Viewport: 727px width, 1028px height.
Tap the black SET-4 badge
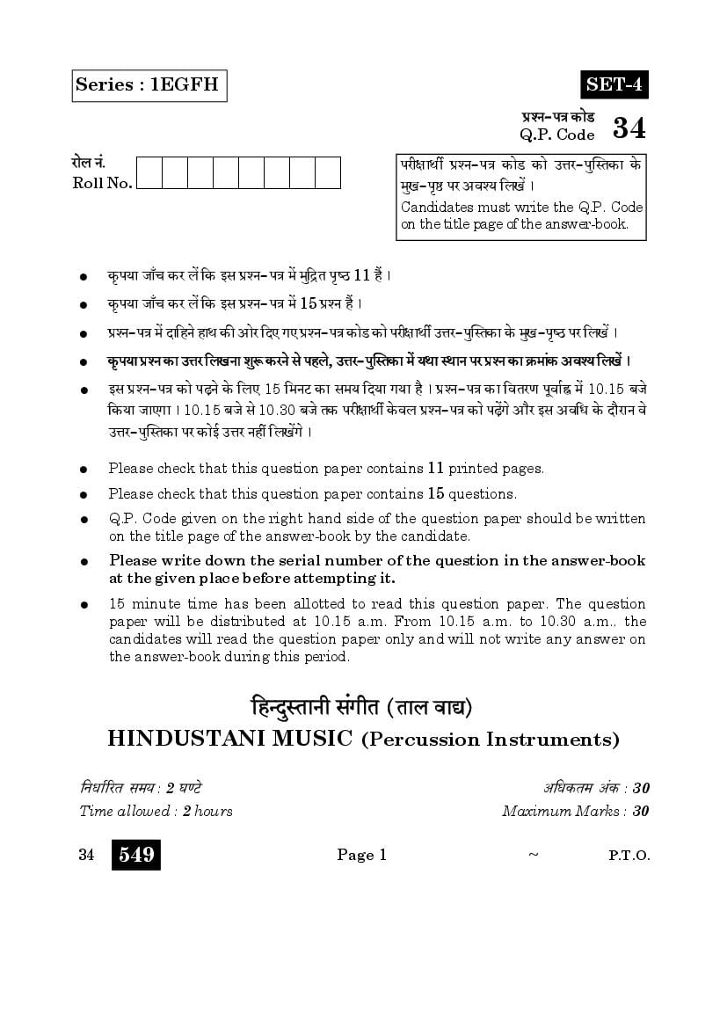pyautogui.click(x=614, y=84)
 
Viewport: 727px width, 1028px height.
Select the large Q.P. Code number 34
pyautogui.click(x=629, y=129)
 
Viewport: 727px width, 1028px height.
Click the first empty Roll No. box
pyautogui.click(x=149, y=172)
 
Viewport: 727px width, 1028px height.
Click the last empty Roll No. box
pyautogui.click(x=328, y=172)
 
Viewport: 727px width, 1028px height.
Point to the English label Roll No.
pyautogui.click(x=103, y=183)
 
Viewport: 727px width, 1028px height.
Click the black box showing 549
pyautogui.click(x=136, y=855)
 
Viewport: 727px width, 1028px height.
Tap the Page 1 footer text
pyautogui.click(x=362, y=855)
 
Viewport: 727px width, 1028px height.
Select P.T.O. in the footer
pyautogui.click(x=629, y=856)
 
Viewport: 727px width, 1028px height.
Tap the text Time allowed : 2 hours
pyautogui.click(x=156, y=811)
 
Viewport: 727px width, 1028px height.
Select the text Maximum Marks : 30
pyautogui.click(x=575, y=811)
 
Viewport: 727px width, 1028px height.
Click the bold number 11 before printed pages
pyautogui.click(x=438, y=469)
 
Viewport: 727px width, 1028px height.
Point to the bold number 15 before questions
pyautogui.click(x=437, y=493)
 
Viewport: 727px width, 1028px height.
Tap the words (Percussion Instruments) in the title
pyautogui.click(x=490, y=739)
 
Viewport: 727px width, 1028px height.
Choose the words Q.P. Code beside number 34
pyautogui.click(x=557, y=135)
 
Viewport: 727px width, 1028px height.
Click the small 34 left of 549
pyautogui.click(x=86, y=855)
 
